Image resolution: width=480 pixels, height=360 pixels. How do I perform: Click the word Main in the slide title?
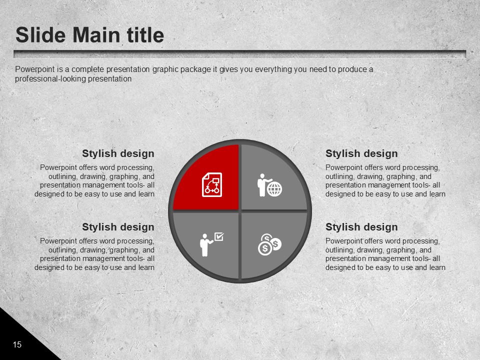96,35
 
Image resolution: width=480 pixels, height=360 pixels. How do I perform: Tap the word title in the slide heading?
145,35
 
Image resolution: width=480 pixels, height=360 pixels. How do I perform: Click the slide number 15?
17,344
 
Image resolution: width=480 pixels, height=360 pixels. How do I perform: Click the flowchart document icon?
212,184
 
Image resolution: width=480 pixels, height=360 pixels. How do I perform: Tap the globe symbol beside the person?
274,189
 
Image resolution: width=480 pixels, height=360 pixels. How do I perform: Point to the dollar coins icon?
269,244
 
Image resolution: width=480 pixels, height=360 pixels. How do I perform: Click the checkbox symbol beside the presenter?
219,236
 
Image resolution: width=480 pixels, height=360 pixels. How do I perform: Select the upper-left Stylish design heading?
118,153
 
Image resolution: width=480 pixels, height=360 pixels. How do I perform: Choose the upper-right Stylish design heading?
361,153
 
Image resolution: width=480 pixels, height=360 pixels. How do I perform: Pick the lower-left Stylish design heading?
118,227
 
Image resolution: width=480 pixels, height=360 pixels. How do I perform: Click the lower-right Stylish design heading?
361,227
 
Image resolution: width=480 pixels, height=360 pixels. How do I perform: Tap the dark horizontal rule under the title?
239,54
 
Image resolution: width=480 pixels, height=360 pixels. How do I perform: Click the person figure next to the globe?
262,185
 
